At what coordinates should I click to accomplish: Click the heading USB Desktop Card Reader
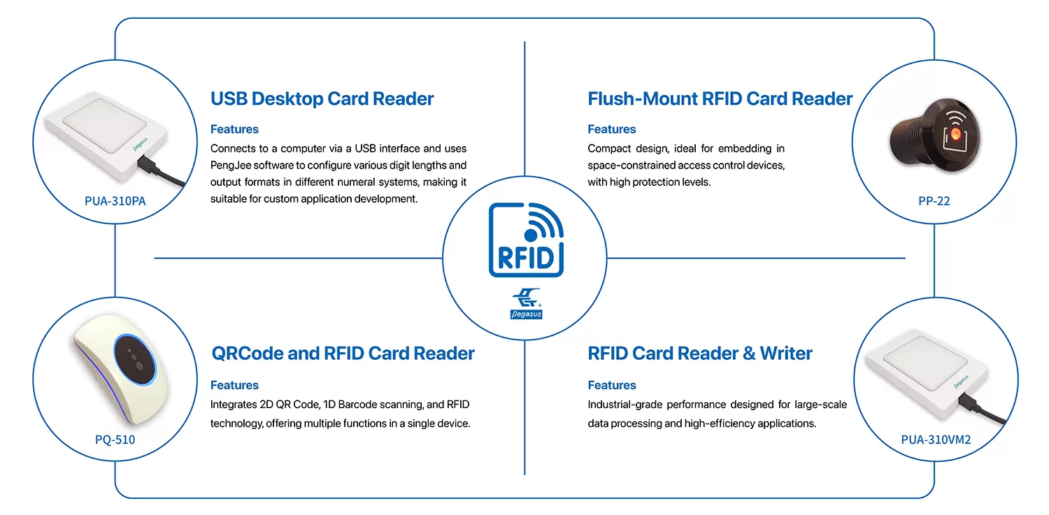point(322,99)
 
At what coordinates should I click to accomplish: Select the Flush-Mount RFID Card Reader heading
point(720,99)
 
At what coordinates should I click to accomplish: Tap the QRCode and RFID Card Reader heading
point(343,354)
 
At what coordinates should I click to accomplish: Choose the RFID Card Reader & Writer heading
point(699,354)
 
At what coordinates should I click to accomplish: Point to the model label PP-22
point(934,201)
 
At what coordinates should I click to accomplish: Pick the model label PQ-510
point(115,440)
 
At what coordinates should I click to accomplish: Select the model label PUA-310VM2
point(935,440)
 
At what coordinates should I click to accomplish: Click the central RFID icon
point(525,240)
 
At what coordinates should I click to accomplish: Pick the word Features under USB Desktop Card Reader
point(234,129)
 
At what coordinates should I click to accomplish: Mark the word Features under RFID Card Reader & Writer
point(611,385)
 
